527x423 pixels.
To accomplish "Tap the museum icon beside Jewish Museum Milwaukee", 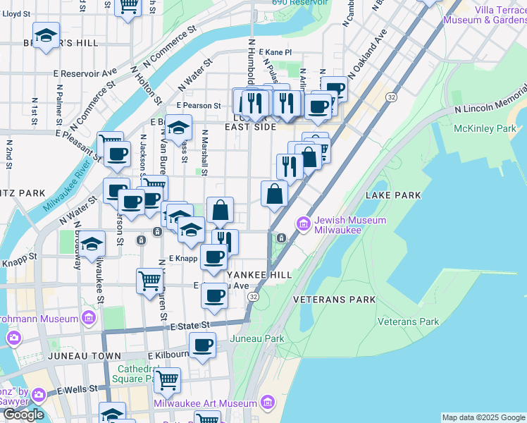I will pos(304,225).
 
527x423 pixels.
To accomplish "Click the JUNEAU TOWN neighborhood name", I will pos(75,357).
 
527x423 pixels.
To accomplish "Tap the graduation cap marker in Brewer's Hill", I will pos(46,35).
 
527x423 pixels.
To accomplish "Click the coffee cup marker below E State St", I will pos(202,345).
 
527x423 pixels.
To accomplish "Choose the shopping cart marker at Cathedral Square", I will pos(167,379).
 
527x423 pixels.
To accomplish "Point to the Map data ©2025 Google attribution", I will pos(483,417).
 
